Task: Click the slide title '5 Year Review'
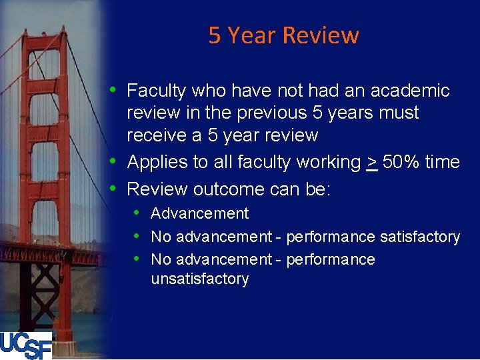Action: coord(283,35)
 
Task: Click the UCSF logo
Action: coord(26,345)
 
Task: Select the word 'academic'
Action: coord(411,91)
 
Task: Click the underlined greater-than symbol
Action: coord(372,162)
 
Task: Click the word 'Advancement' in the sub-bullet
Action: coord(199,214)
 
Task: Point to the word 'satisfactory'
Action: coord(419,237)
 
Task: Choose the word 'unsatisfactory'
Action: coord(199,279)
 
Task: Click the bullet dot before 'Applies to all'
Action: coord(114,161)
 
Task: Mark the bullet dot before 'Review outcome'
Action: coord(114,189)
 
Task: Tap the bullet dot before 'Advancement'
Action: coord(136,213)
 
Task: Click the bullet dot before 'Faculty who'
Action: coord(114,90)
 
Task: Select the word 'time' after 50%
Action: coord(445,162)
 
